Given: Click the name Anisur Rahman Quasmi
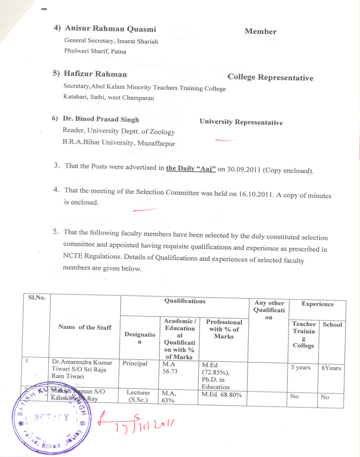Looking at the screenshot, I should [110, 29].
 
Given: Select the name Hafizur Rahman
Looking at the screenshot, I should [95, 74].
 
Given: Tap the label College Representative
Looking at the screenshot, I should [270, 78].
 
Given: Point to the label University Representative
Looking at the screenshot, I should [241, 122].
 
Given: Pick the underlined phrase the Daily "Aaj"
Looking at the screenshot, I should [191, 168].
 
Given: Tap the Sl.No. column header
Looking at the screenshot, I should [37, 298].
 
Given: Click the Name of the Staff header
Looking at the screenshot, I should [85, 328].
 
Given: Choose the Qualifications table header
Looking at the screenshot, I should [184, 302].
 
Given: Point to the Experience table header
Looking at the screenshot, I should [317, 304].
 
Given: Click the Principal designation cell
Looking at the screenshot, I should [133, 364].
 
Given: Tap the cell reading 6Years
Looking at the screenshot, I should [331, 367].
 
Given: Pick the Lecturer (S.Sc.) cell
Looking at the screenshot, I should [135, 396].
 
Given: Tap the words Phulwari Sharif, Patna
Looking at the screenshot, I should [95, 51].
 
